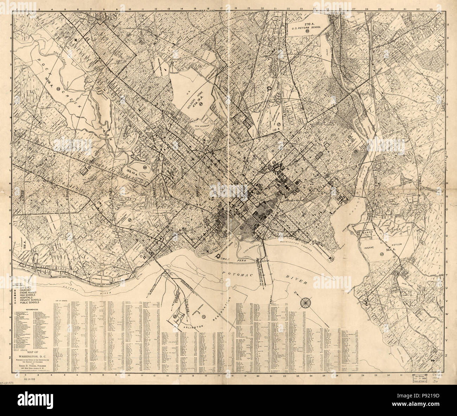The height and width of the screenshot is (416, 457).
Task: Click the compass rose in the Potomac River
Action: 304,302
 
